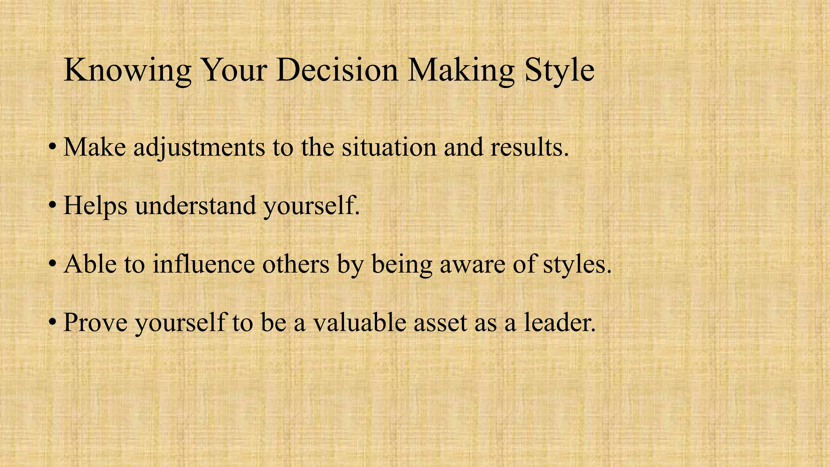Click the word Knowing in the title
127,71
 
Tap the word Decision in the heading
337,70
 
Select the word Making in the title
461,71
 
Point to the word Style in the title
559,71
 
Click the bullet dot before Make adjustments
52,148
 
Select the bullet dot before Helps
52,206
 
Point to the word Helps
96,206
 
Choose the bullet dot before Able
52,264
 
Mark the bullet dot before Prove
52,323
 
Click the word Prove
96,323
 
